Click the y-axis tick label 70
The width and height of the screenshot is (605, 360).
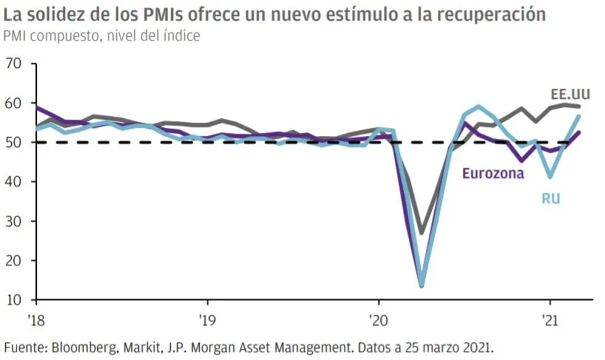(x=13, y=64)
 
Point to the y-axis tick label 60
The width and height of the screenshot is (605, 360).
(x=13, y=103)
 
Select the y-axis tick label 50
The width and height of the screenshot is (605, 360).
(x=13, y=143)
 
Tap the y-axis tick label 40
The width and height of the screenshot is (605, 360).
(x=13, y=182)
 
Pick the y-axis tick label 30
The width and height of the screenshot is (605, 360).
(x=13, y=222)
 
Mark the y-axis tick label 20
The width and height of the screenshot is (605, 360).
(x=13, y=261)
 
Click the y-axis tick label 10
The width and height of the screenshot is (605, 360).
(x=13, y=300)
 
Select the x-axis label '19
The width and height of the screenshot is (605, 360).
(x=207, y=321)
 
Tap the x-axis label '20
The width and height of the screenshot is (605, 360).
(x=379, y=321)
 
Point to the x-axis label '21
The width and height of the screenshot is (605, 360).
(x=550, y=321)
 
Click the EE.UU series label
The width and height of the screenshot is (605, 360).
(x=570, y=94)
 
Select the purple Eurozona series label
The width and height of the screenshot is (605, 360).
(x=493, y=174)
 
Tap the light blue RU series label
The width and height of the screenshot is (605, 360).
(x=550, y=197)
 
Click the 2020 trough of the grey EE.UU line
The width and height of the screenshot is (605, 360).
(x=422, y=233)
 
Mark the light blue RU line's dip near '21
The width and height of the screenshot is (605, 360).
(x=550, y=177)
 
